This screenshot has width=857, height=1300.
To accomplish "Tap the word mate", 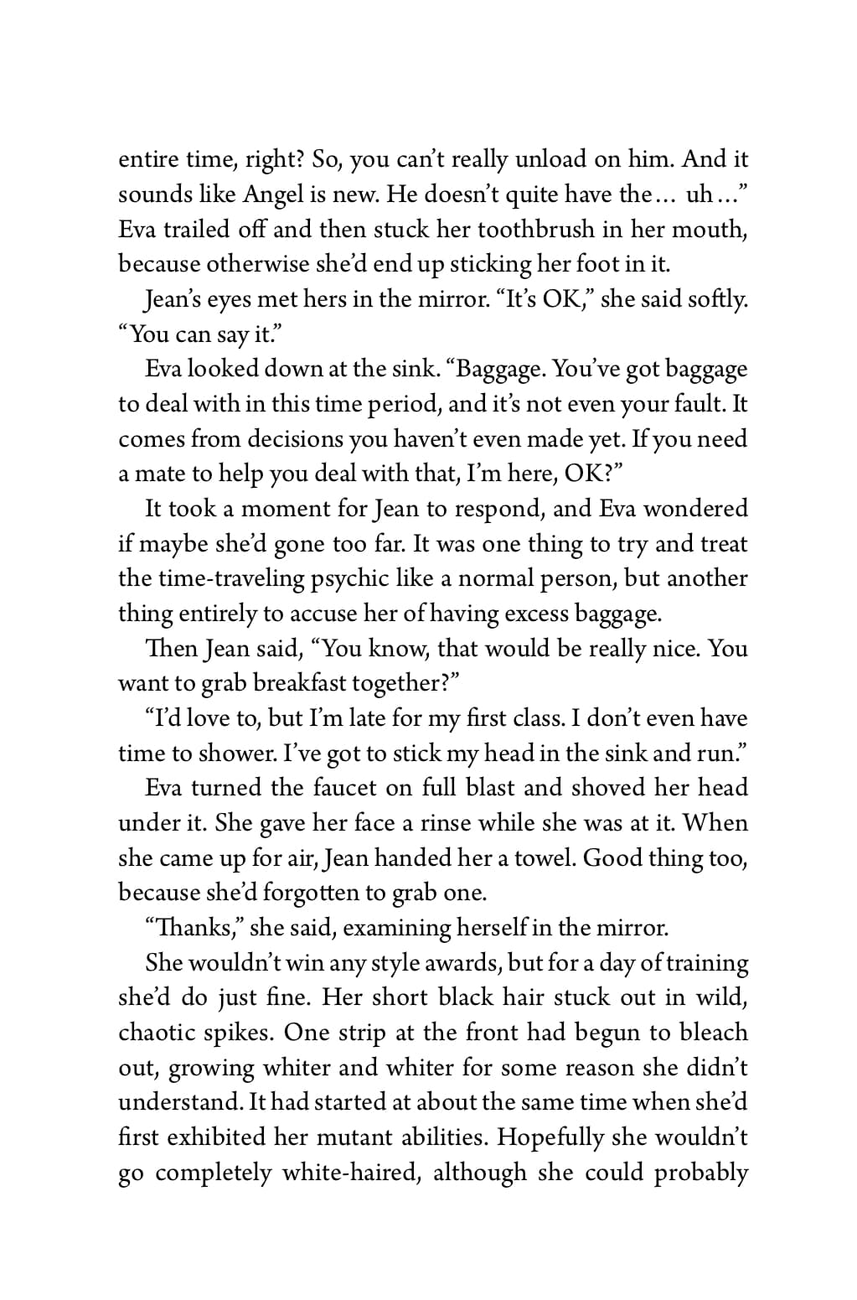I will click(161, 474).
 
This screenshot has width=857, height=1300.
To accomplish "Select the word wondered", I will click(694, 509).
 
